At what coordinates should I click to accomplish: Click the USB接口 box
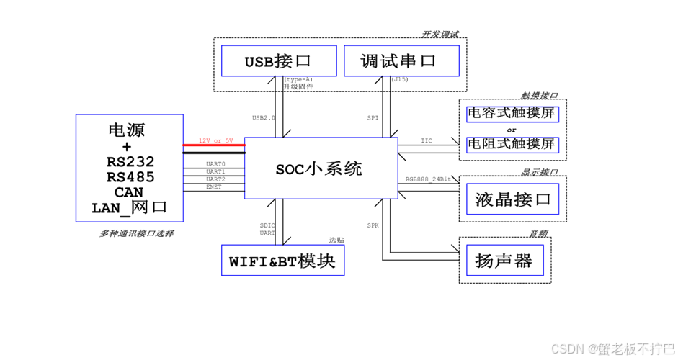point(278,61)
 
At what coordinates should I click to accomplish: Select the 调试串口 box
point(401,61)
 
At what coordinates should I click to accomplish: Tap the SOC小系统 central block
point(320,168)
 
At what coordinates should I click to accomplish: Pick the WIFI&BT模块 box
point(282,261)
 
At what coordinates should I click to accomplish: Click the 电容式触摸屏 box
point(512,113)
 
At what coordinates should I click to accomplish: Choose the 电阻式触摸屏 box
point(512,144)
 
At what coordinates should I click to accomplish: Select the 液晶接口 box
point(512,199)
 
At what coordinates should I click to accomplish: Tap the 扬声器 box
point(504,261)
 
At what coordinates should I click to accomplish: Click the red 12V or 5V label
point(215,140)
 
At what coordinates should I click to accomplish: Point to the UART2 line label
point(215,179)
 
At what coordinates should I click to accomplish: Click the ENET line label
point(214,186)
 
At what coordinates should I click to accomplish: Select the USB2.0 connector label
point(263,117)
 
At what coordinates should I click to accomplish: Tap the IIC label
point(427,141)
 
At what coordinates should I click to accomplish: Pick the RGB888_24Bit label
point(428,179)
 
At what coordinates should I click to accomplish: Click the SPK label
point(373,225)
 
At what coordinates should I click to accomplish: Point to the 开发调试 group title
point(440,35)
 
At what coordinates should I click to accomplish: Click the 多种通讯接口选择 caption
point(136,234)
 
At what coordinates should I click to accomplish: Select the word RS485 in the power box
point(130,177)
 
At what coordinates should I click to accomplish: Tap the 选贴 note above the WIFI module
point(336,240)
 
